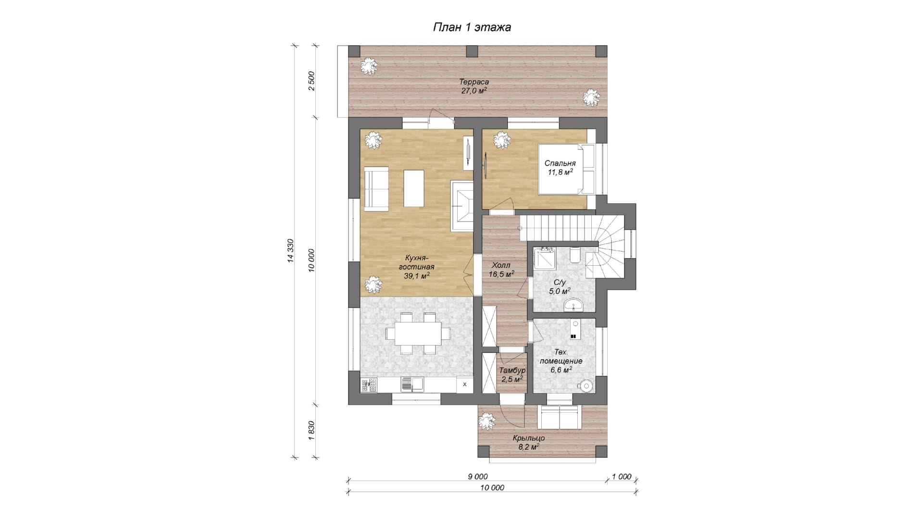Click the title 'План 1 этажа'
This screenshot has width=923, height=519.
pos(472,27)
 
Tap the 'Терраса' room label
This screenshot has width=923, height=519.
pos(474,82)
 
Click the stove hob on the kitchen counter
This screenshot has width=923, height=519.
pos(369,385)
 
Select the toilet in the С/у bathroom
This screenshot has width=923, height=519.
pos(574,255)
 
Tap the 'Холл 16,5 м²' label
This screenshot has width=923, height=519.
pos(501,270)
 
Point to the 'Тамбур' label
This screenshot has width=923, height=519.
pos(512,371)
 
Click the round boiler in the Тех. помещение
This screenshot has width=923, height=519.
pos(586,385)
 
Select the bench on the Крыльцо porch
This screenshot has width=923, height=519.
pos(559,417)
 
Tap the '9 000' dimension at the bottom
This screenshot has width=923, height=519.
pos(477,477)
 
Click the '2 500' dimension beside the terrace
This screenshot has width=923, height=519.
pos(311,82)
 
